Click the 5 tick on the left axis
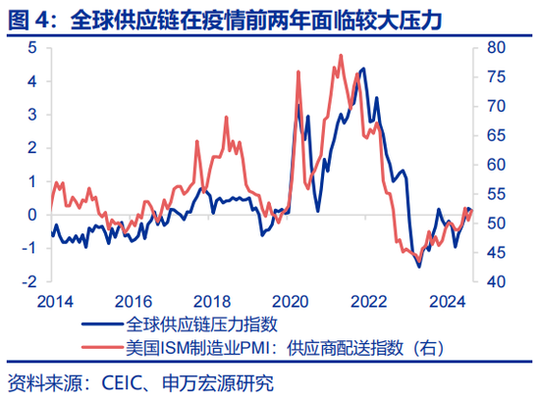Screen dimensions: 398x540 click(32, 47)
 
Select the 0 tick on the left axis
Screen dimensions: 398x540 click(32, 214)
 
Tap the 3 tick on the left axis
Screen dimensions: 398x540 click(32, 114)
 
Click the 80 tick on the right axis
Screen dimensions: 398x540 click(496, 47)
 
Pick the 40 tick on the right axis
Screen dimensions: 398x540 click(496, 281)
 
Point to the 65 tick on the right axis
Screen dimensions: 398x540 click(496, 135)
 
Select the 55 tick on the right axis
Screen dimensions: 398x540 click(496, 194)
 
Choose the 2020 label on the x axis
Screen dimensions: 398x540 click(290, 301)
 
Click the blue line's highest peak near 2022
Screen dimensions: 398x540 click(364, 69)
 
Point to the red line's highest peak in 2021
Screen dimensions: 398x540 click(341, 55)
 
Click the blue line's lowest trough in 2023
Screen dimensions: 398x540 click(419, 267)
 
